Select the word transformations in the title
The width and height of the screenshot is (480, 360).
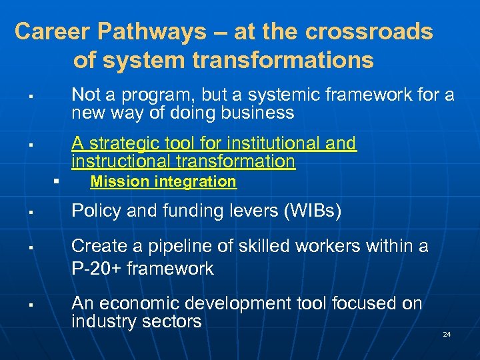283,61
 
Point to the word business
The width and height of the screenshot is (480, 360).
257,113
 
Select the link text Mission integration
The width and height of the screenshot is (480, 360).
163,181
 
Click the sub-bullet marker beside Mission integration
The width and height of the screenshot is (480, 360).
57,181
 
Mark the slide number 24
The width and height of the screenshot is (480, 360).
447,334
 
